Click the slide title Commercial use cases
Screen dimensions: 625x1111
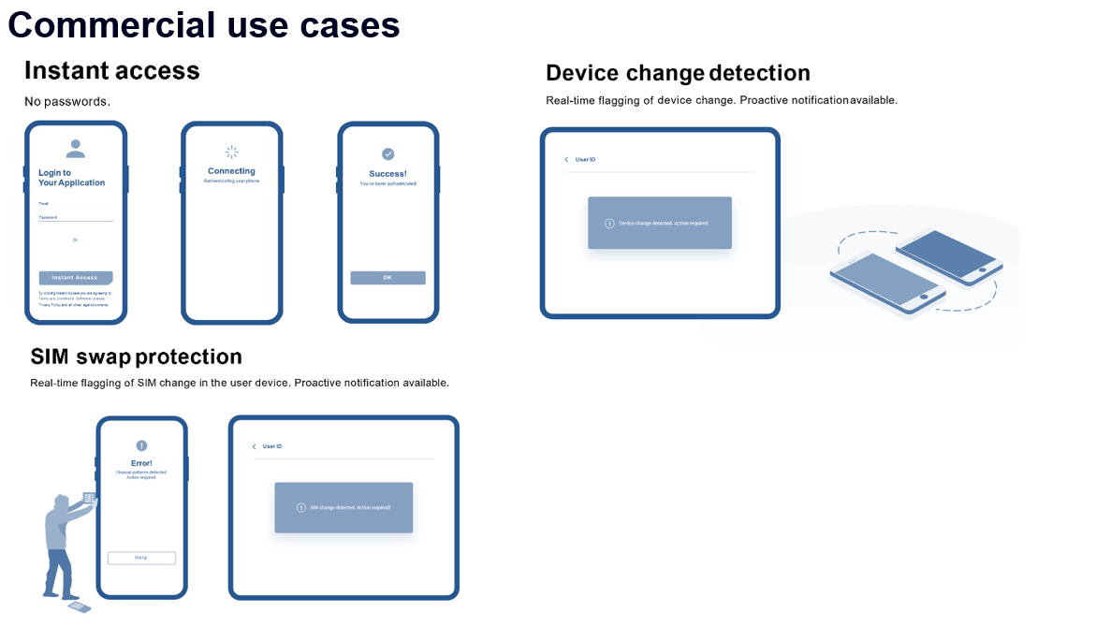coord(204,24)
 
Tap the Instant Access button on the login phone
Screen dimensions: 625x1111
coord(75,278)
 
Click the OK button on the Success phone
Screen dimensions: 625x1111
coord(387,278)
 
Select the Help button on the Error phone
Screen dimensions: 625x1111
coord(141,558)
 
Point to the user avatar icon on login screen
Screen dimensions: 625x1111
coord(76,148)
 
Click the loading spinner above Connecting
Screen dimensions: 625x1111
coord(232,152)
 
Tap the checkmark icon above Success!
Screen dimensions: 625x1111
coord(388,153)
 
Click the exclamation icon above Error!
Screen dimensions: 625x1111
coord(141,446)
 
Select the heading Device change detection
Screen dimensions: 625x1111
coord(678,73)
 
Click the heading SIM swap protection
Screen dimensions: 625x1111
coord(136,356)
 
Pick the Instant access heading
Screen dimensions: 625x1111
coord(111,71)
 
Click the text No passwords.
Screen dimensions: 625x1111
coord(67,101)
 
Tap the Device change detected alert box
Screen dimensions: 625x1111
coord(659,223)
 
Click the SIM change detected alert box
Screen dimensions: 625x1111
coord(344,507)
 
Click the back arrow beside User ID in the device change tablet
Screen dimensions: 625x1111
coord(566,160)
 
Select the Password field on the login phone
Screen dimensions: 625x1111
coord(75,217)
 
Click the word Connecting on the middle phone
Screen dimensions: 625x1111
coord(231,171)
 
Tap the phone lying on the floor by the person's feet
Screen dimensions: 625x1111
coord(80,608)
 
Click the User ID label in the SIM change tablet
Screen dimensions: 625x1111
coord(272,446)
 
